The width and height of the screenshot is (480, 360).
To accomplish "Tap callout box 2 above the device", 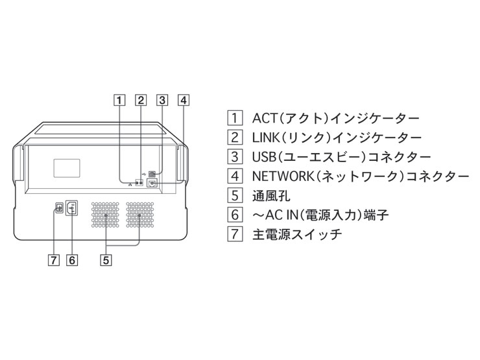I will click(140, 101).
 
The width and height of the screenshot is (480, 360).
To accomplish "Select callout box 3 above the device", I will click(162, 101).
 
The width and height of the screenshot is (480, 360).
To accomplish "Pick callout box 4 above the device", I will click(184, 101).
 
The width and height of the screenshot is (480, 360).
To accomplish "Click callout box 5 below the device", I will click(105, 260).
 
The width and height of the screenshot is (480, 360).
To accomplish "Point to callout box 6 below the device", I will click(72, 260).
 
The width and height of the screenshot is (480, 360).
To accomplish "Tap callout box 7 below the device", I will click(54, 260).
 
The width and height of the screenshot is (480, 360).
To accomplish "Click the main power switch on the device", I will click(58, 208).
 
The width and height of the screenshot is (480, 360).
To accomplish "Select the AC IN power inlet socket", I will click(72, 208).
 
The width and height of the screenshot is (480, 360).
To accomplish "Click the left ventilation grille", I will click(105, 214).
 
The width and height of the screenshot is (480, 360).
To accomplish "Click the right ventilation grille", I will click(139, 214).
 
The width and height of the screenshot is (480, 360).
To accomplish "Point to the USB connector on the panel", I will click(152, 174).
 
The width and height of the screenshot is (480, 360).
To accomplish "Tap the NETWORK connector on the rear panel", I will click(152, 184).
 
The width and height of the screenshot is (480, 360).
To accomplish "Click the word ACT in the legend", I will click(265, 119).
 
